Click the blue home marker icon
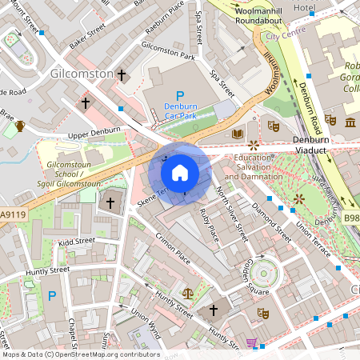click(180, 172)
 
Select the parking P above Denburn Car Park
click(168, 95)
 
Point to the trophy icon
click(19, 126)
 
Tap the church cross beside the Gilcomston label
click(122, 75)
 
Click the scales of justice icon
click(187, 294)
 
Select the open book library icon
click(237, 134)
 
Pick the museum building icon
click(351, 122)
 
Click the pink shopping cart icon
click(251, 343)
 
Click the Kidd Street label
click(76, 240)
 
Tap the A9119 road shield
click(12, 214)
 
